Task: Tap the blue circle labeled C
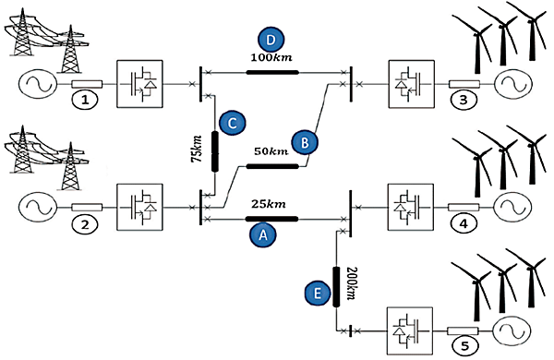coord(231,120)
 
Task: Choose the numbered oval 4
coord(464,222)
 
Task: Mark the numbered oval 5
coord(464,347)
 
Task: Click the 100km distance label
coord(271,58)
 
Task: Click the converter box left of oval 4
coord(409,205)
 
